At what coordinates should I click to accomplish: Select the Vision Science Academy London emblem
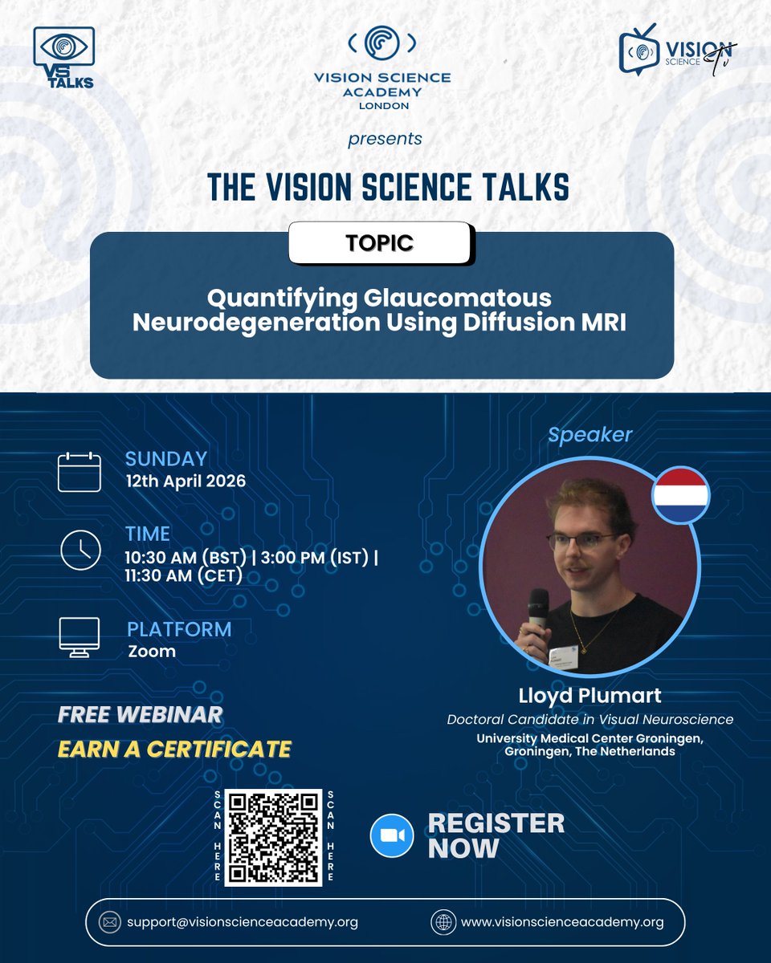pyautogui.click(x=382, y=44)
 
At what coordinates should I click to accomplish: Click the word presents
pyautogui.click(x=385, y=140)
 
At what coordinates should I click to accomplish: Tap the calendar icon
pyautogui.click(x=80, y=471)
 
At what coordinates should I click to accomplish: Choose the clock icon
pyautogui.click(x=80, y=551)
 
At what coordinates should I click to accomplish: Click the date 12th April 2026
pyautogui.click(x=186, y=481)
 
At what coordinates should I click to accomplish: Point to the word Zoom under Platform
pyautogui.click(x=152, y=651)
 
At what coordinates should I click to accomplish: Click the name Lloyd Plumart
pyautogui.click(x=590, y=695)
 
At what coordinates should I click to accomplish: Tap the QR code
pyautogui.click(x=273, y=837)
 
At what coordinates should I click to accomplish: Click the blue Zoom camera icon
pyautogui.click(x=391, y=835)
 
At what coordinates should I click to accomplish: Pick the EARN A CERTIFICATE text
pyautogui.click(x=174, y=749)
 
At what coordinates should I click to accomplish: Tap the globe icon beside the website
pyautogui.click(x=442, y=922)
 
